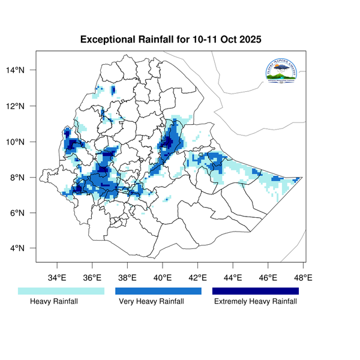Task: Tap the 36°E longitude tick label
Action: coord(92,278)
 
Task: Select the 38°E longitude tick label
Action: coord(127,278)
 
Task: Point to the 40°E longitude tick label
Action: coord(163,278)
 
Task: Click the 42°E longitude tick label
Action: coord(197,278)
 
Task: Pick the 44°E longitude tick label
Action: coord(233,278)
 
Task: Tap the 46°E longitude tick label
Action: coord(268,278)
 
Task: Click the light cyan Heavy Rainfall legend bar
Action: coord(61,291)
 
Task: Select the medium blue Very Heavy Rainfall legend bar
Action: coord(158,291)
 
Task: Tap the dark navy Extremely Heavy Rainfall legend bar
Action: coord(256,291)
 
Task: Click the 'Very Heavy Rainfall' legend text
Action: coord(152,302)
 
